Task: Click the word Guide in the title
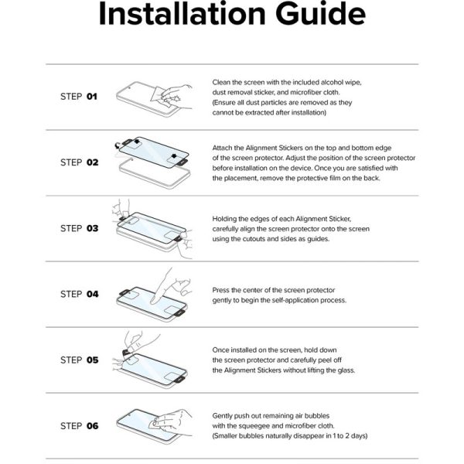(320, 14)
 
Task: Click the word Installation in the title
(182, 14)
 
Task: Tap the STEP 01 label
(79, 97)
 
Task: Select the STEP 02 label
(80, 162)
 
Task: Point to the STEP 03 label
(80, 228)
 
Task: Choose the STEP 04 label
(80, 294)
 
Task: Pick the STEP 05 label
(80, 360)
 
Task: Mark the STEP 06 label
(80, 426)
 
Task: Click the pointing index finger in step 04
(162, 286)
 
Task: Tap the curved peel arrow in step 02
(118, 145)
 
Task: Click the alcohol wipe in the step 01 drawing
(162, 97)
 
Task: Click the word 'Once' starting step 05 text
(220, 350)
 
